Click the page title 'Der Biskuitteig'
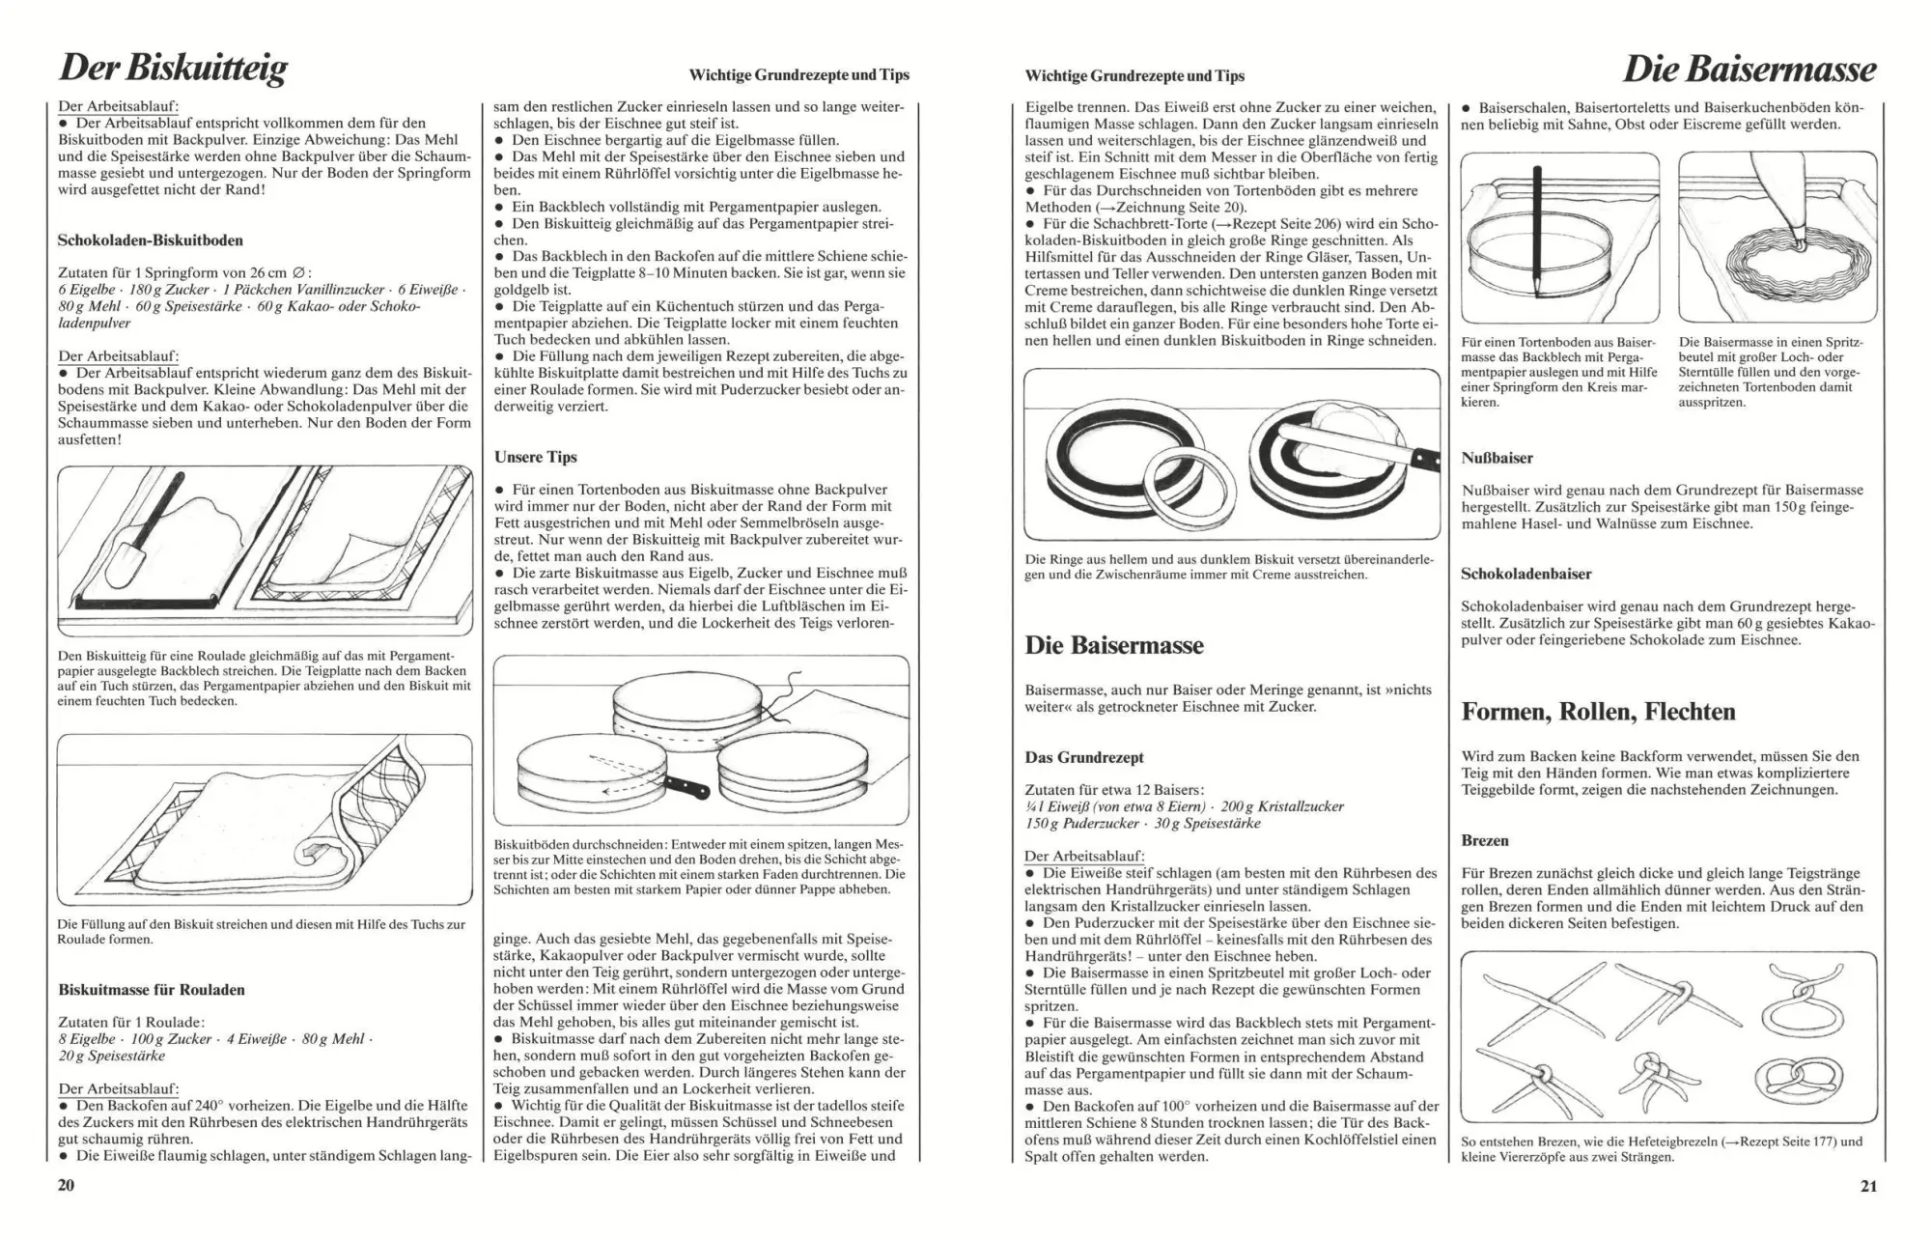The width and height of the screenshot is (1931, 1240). pyautogui.click(x=173, y=69)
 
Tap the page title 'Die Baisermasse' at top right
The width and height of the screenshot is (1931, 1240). pyautogui.click(x=1749, y=69)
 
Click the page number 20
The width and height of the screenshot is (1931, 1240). pyautogui.click(x=66, y=1185)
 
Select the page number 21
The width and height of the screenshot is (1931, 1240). pyautogui.click(x=1868, y=1186)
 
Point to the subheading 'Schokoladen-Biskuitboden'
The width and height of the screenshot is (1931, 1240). pyautogui.click(x=151, y=240)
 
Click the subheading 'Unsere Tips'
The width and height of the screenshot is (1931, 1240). pyautogui.click(x=535, y=457)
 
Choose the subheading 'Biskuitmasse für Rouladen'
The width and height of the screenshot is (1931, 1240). pyautogui.click(x=152, y=989)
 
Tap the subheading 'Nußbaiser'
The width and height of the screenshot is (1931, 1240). pyautogui.click(x=1497, y=458)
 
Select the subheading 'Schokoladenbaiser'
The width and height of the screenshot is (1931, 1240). pyautogui.click(x=1526, y=574)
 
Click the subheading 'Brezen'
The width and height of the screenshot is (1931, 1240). pyautogui.click(x=1485, y=840)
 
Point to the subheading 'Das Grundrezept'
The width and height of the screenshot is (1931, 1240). pyautogui.click(x=1084, y=757)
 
